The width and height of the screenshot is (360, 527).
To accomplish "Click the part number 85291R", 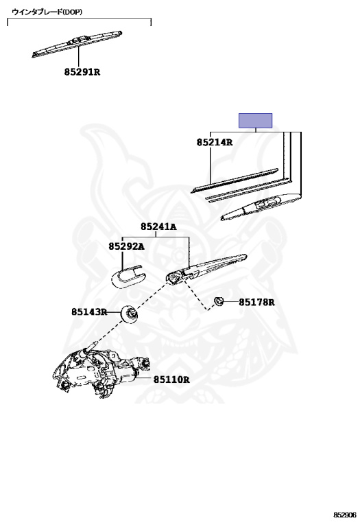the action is click(82, 72).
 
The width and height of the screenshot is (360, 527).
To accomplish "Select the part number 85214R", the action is click(215, 142).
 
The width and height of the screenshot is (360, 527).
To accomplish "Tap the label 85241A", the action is click(158, 226).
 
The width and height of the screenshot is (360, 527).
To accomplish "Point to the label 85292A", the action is click(126, 246).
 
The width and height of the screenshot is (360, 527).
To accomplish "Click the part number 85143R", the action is click(89, 312).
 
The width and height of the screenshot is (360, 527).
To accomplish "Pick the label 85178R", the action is click(256, 303).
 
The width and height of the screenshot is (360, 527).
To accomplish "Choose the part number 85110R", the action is click(171, 379).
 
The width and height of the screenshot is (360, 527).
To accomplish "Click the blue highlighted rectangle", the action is click(256, 121).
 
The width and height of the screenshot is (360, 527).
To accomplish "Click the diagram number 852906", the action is click(344, 515).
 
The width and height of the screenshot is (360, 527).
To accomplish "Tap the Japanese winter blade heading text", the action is click(47, 12).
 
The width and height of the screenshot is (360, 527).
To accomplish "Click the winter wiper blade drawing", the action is click(77, 44).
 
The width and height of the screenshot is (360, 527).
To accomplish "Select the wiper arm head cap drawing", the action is click(128, 277).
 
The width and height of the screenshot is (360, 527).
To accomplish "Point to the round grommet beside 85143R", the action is click(130, 314).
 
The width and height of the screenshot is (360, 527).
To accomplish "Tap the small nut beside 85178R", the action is click(219, 301).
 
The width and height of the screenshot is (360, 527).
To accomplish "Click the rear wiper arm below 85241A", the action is click(206, 269).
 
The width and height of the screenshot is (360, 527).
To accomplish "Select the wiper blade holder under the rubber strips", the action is click(261, 207).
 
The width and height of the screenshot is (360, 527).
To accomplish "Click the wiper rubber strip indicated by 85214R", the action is click(235, 180).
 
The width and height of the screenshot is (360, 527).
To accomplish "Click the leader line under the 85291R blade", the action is click(78, 56).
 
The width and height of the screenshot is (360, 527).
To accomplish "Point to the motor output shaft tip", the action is click(95, 344).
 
